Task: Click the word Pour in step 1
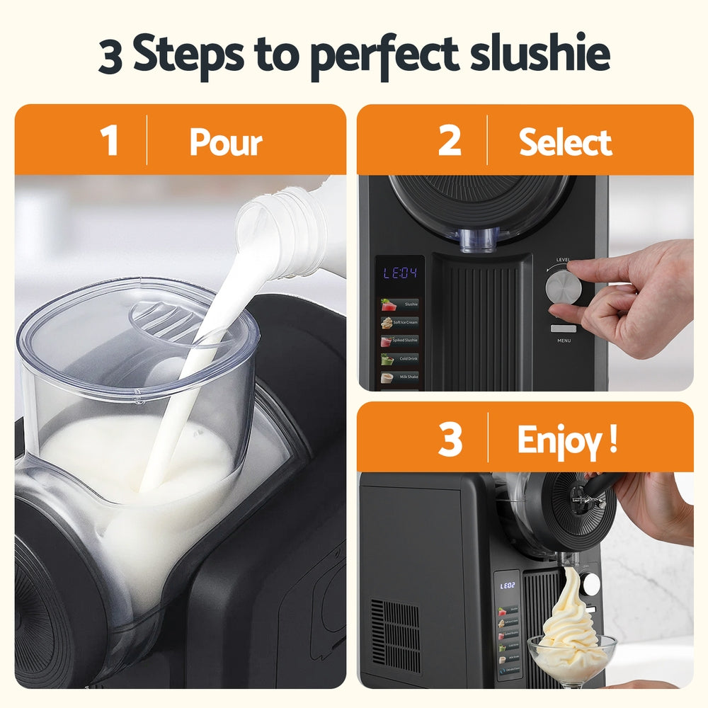point(226,142)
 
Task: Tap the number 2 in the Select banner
point(450,141)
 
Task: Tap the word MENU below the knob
point(564,341)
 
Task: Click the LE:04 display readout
point(400,273)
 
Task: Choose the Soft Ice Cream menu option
point(399,322)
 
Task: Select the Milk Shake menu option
point(399,377)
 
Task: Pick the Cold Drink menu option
point(399,359)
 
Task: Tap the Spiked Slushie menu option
point(399,341)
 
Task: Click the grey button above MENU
point(564,328)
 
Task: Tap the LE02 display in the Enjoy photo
point(508,586)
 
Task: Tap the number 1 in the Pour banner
point(109,141)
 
